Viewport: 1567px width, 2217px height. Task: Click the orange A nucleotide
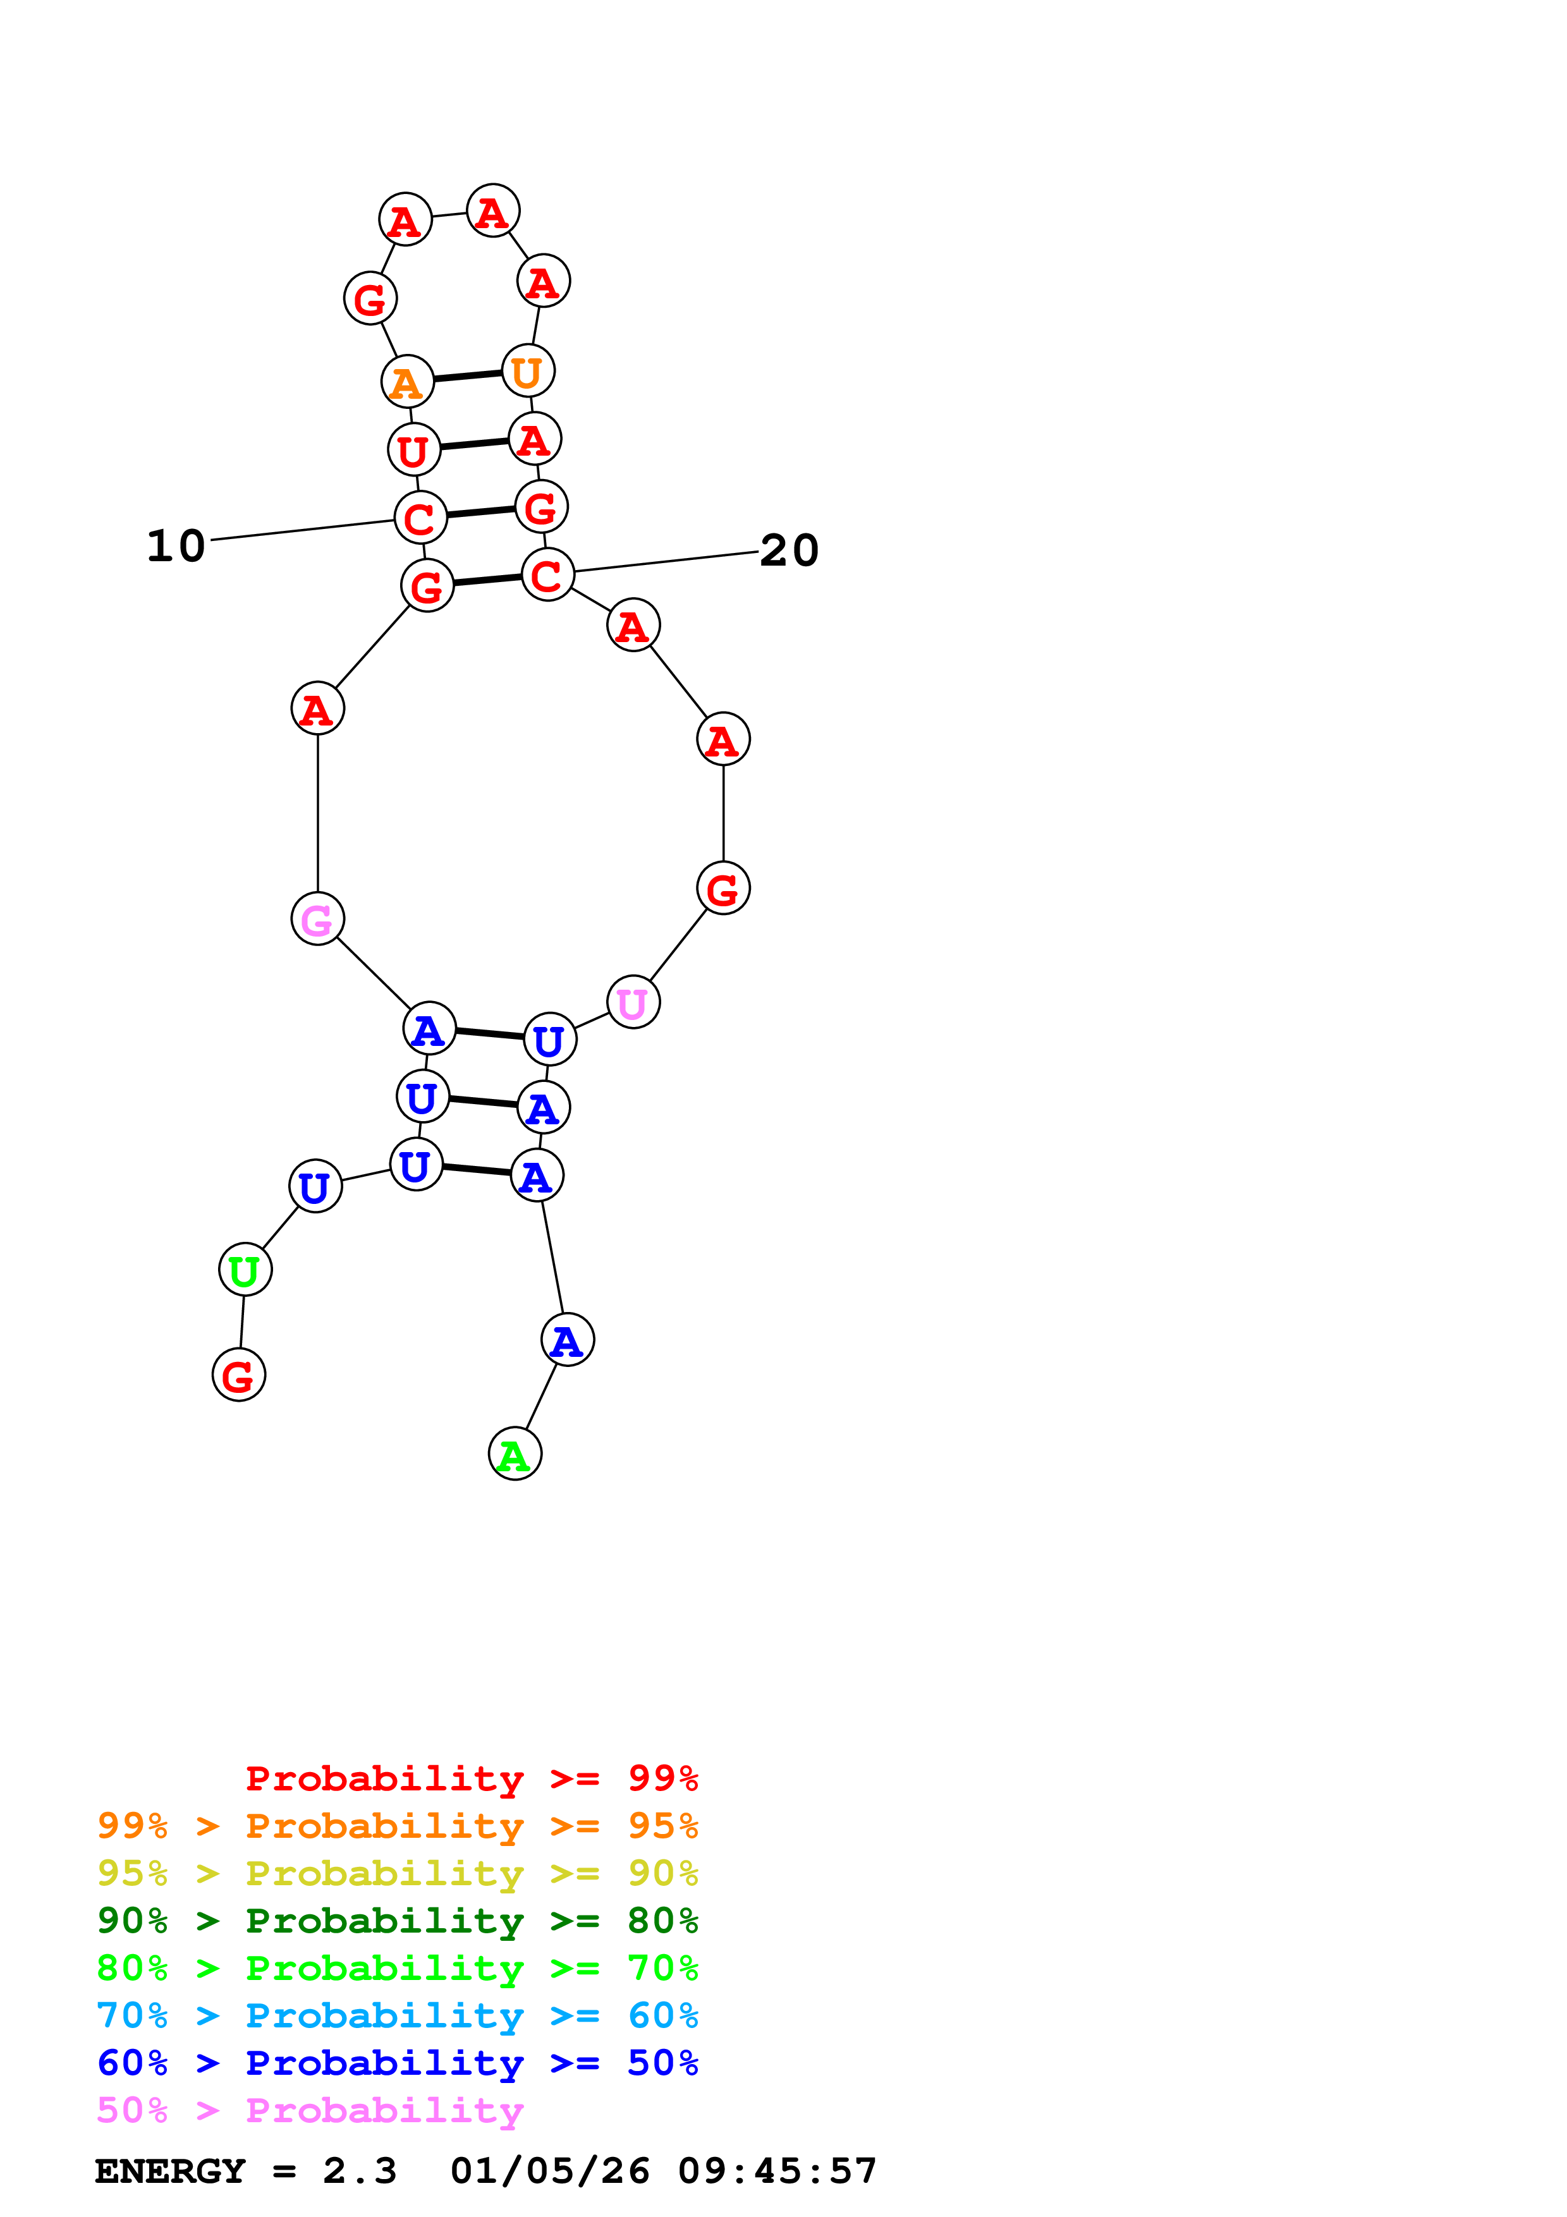(406, 382)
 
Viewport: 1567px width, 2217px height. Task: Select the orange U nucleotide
(527, 372)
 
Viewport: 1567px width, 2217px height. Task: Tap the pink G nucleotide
(318, 920)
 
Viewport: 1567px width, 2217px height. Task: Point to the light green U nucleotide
(245, 1271)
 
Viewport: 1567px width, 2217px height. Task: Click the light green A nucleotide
(515, 1454)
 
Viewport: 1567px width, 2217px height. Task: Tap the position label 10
(176, 547)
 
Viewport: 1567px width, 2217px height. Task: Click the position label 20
(789, 551)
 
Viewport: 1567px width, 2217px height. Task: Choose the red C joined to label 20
(547, 576)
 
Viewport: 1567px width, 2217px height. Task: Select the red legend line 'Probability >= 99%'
(471, 1778)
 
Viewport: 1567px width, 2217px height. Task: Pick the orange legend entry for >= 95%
(397, 1826)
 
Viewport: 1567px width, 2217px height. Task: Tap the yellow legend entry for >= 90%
(397, 1873)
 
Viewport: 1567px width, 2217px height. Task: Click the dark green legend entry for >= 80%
(397, 1921)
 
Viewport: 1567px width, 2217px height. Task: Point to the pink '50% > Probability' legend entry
(310, 2111)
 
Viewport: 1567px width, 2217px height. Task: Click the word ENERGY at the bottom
(170, 2171)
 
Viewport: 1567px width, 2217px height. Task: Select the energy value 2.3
(359, 2171)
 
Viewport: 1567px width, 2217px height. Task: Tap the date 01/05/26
(549, 2171)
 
